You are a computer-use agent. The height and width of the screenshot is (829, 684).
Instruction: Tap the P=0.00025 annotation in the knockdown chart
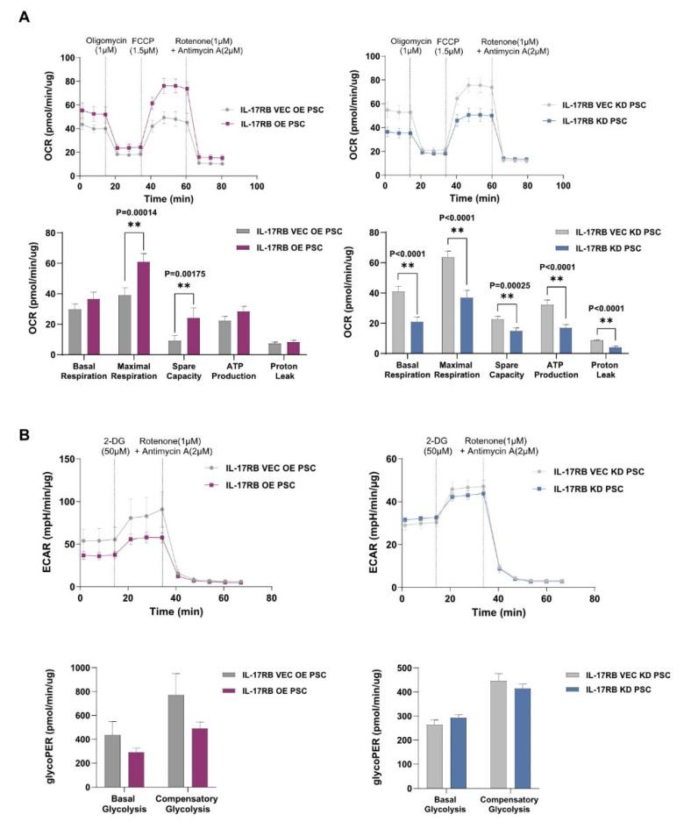497,284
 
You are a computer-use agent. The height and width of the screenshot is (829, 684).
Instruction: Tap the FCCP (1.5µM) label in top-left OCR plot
142,46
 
